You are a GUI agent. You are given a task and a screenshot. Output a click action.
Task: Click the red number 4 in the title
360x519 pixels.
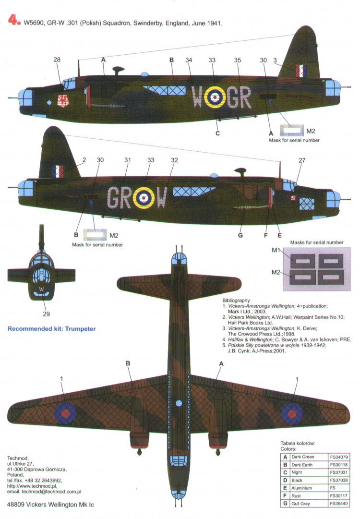(12, 22)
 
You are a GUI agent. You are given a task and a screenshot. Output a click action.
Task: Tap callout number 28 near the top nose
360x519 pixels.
(57, 60)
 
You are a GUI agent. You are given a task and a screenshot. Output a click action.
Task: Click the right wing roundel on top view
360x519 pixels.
(290, 412)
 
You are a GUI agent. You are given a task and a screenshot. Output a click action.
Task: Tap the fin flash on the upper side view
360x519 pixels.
(301, 71)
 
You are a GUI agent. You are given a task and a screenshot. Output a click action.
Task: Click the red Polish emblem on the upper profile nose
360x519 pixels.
(62, 100)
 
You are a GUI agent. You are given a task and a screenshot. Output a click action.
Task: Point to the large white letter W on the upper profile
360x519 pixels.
(197, 97)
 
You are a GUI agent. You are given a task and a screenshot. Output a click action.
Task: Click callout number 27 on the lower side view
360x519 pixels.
(301, 160)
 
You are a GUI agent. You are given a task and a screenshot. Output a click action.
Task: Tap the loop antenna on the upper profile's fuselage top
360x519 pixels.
(117, 70)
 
